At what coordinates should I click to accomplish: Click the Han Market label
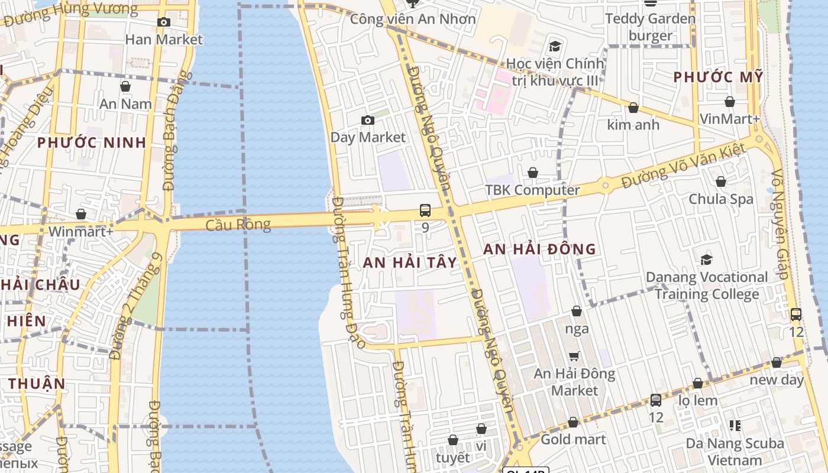pos(164,40)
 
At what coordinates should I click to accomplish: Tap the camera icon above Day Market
pos(368,121)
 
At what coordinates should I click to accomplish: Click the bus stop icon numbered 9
pos(425,210)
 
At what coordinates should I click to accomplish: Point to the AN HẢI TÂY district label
pos(410,263)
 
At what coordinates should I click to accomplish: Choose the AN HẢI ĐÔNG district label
pos(539,250)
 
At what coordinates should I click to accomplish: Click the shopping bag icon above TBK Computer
pos(533,173)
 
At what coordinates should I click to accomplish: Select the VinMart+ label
pos(729,119)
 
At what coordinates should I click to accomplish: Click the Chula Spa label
pos(721,199)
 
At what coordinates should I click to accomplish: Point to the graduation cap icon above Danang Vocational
pos(706,260)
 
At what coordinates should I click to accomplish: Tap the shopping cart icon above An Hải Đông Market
pos(574,356)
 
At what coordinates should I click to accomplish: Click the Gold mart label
pos(573,439)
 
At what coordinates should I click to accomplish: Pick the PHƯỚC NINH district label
pos(92,142)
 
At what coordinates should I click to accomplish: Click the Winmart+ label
pos(81,231)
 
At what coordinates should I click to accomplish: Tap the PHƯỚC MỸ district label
pos(719,77)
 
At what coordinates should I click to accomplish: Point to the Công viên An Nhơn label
pos(413,19)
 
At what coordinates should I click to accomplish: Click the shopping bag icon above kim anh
pos(633,108)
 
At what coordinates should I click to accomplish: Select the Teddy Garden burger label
pos(651,27)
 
